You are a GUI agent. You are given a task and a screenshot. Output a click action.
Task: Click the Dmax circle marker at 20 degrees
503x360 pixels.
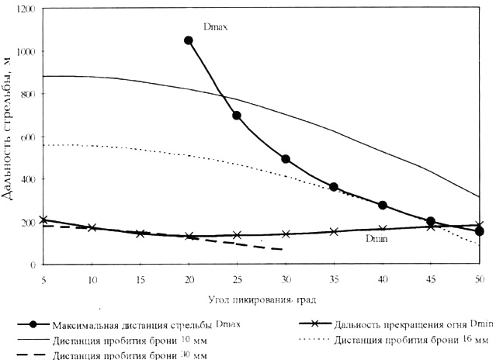[188, 40]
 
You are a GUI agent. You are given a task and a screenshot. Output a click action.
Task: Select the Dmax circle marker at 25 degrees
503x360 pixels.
[236, 116]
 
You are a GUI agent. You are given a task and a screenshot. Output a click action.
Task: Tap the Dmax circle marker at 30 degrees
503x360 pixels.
[286, 159]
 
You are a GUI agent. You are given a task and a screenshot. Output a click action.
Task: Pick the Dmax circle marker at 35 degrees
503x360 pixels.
[334, 187]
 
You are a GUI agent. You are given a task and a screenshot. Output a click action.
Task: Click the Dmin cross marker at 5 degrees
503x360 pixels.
[43, 220]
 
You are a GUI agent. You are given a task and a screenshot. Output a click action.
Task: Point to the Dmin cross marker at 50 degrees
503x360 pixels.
[479, 225]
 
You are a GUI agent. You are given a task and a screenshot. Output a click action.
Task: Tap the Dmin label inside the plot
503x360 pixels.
[376, 239]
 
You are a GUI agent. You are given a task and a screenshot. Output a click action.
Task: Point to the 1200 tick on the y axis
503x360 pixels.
[28, 9]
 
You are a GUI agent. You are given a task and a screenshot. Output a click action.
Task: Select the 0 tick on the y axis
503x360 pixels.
[34, 265]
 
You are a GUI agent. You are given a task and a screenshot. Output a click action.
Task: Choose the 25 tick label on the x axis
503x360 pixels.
[236, 277]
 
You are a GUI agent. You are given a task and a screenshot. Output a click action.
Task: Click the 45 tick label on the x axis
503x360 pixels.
[431, 277]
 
